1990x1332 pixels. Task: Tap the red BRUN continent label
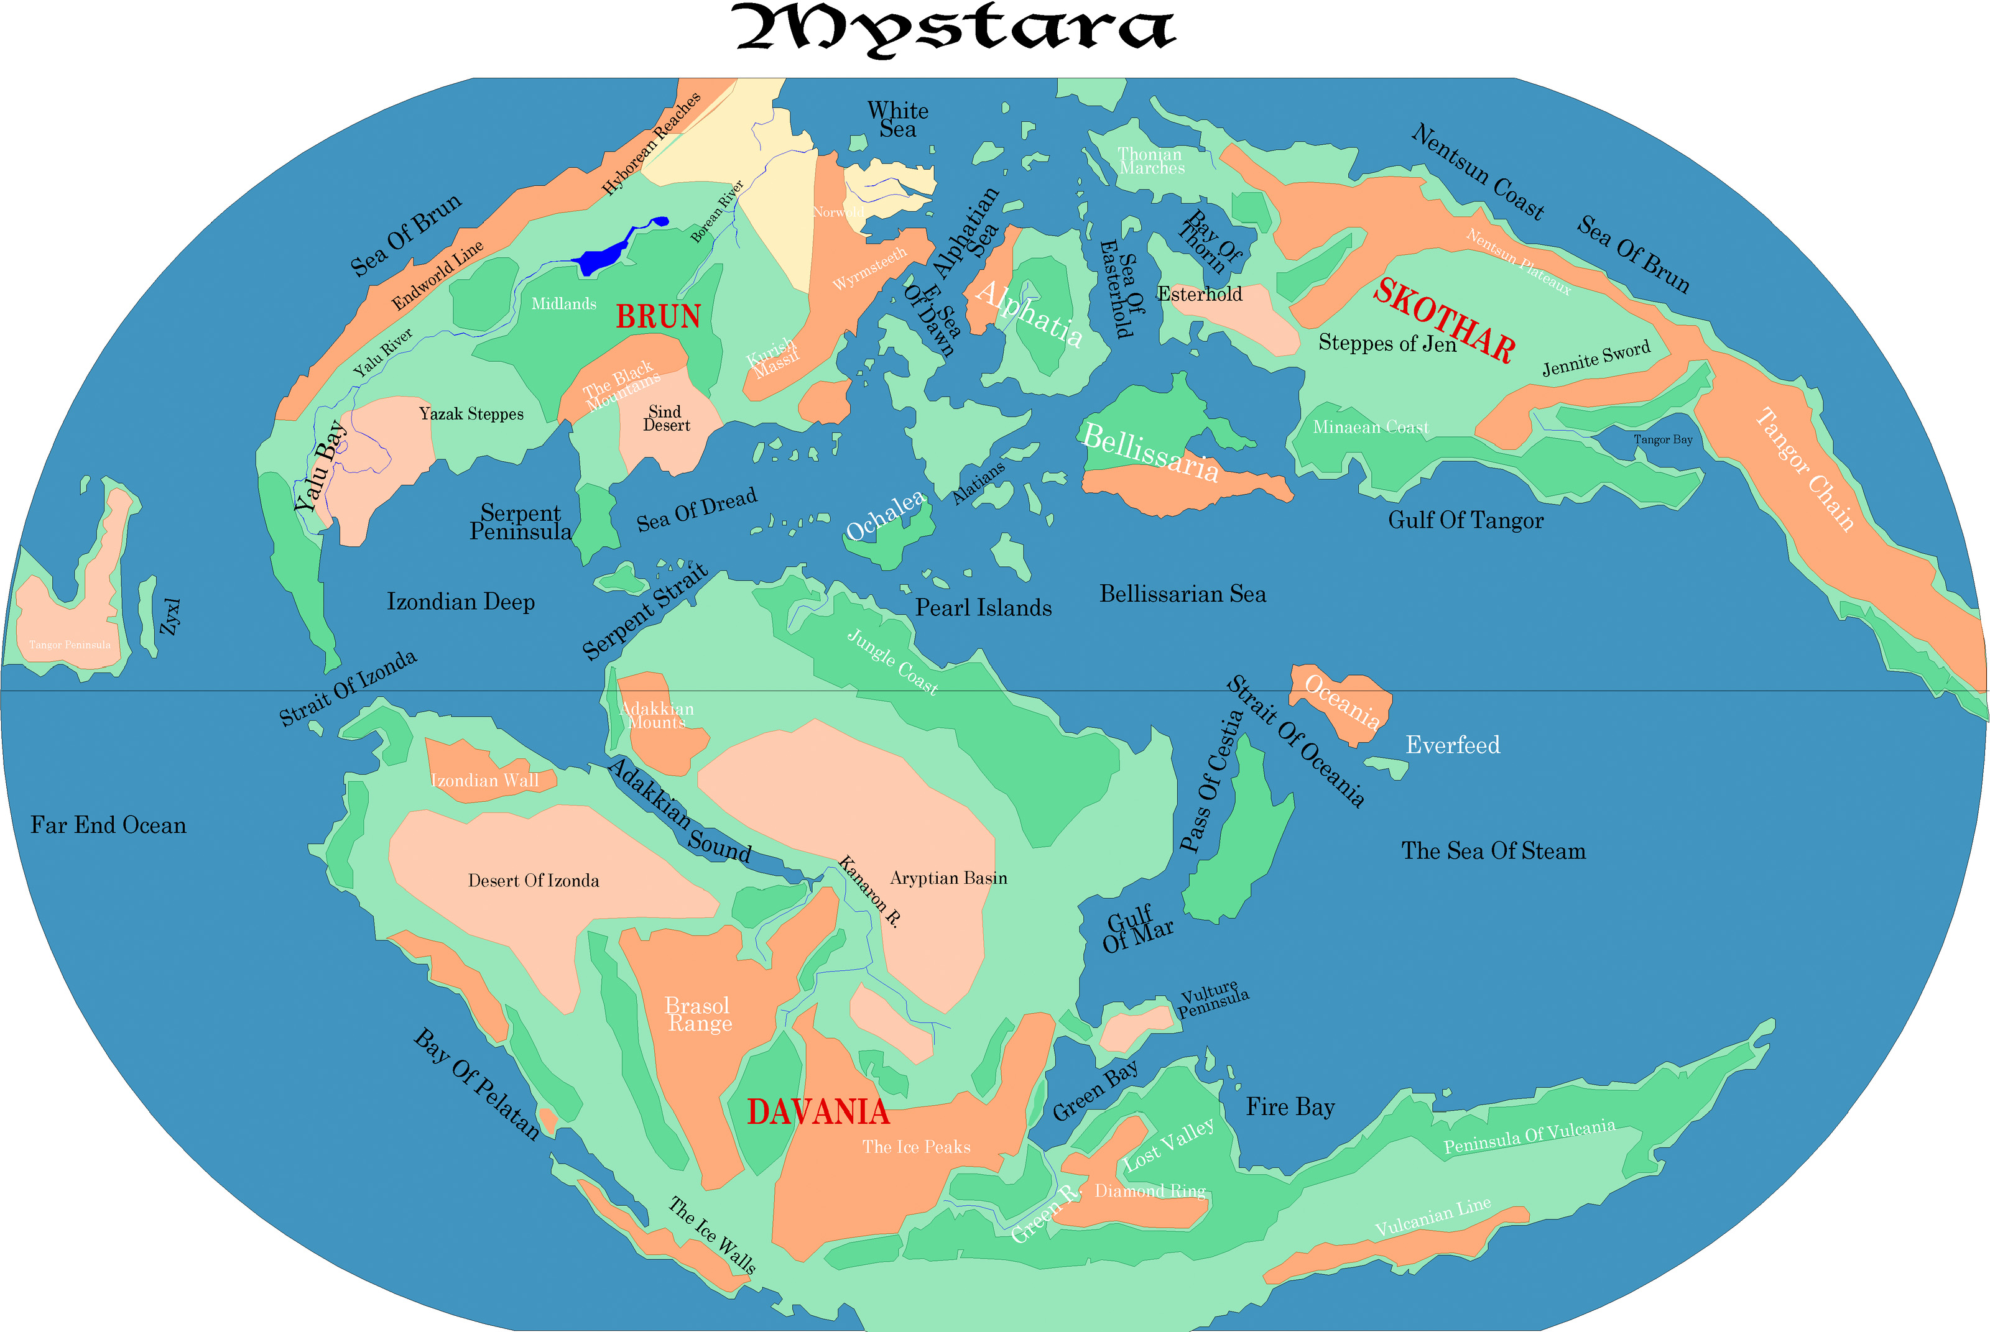(x=658, y=317)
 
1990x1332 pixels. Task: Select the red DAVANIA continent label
(x=817, y=1112)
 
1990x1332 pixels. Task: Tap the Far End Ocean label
(x=108, y=825)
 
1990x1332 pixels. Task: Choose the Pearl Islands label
(x=983, y=607)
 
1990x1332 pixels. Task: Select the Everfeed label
(x=1452, y=745)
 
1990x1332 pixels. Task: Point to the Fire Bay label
(x=1290, y=1107)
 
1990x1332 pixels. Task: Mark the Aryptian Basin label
(x=948, y=878)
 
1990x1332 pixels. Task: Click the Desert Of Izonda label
(x=534, y=881)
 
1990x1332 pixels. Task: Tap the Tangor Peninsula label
(x=70, y=645)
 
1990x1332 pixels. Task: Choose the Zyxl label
(x=171, y=617)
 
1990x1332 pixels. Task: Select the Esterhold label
(x=1199, y=294)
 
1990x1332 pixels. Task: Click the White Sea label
(x=897, y=120)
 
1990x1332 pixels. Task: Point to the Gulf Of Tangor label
(x=1465, y=520)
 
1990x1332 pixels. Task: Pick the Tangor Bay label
(x=1663, y=439)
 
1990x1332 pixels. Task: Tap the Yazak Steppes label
(x=471, y=414)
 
